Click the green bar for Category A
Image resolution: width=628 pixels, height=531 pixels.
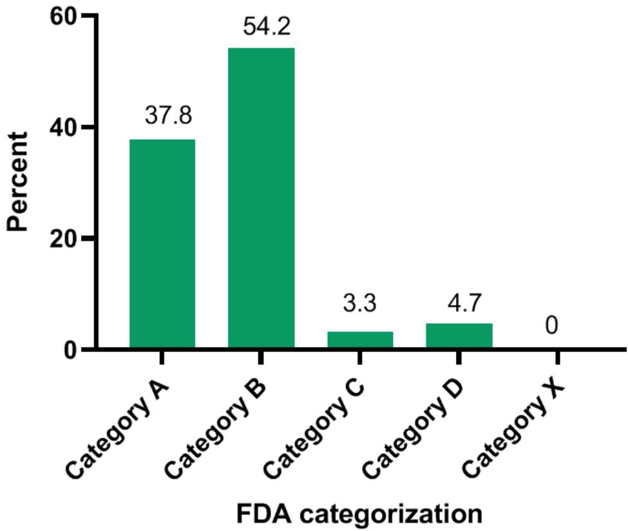(162, 245)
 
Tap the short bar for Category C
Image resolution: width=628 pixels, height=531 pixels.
(360, 340)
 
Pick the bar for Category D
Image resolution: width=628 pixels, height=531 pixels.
(459, 336)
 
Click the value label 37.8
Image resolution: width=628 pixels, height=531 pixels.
(169, 116)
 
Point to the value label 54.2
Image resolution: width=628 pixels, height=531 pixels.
(267, 27)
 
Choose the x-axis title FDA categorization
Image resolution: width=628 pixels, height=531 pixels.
(359, 514)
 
